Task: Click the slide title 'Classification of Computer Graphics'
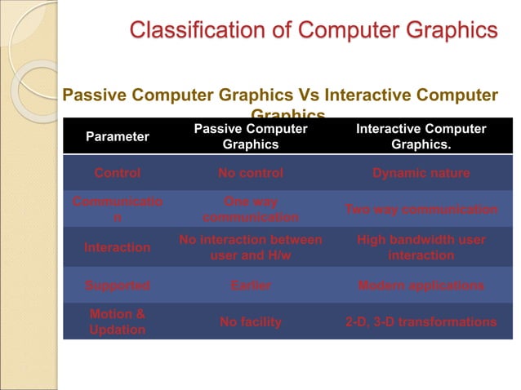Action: tap(314, 31)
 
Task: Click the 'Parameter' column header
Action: tap(118, 136)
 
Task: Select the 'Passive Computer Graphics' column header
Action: tap(251, 136)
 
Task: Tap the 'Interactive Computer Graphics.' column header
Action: tap(421, 136)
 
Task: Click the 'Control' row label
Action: tap(118, 173)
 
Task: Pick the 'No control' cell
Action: tap(251, 173)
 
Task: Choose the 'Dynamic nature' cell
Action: tap(421, 173)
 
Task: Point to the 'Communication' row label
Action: tap(118, 210)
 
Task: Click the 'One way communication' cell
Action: tap(251, 210)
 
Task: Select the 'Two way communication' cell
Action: tap(421, 210)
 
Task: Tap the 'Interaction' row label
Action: tap(118, 247)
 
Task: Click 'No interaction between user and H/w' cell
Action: tap(251, 247)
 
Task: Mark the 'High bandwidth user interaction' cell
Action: tap(421, 247)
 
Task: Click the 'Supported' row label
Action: tap(118, 286)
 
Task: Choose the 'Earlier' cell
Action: tap(251, 286)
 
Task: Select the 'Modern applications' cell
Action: tap(421, 286)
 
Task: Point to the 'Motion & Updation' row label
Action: tap(118, 321)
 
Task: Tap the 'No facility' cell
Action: tap(251, 322)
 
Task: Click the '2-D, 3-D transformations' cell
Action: tap(421, 322)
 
